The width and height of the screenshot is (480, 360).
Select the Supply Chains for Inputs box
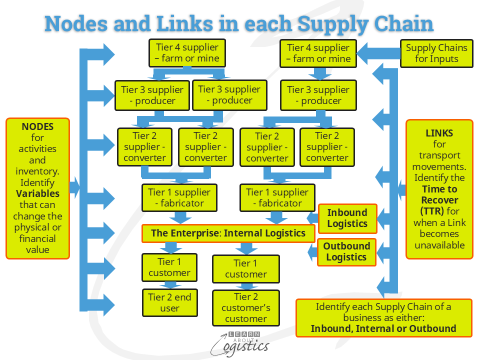436,53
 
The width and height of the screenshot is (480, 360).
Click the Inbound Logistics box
347,218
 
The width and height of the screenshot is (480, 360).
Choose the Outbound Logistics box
346,251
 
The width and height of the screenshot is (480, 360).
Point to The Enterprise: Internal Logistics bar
228,233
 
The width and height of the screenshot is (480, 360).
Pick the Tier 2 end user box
169,302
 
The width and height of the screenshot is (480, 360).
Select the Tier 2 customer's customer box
245,307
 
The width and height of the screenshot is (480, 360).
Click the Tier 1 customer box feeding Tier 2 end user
169,267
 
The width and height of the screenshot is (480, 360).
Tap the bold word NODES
37,126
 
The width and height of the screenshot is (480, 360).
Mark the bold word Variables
37,193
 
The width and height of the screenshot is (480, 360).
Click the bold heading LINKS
439,133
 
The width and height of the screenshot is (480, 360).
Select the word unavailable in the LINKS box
439,245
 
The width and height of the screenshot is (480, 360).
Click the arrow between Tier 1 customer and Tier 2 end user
169,285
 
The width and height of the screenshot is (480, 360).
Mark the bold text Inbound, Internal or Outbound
383,328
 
